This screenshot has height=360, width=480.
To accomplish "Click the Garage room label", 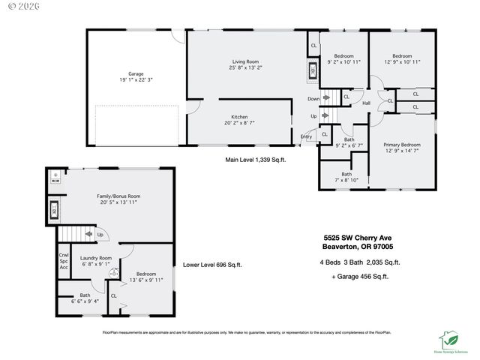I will pyautogui.click(x=136, y=74).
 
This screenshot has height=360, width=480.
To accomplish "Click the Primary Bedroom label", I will pyautogui.click(x=402, y=144).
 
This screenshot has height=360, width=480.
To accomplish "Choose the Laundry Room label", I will pyautogui.click(x=95, y=258).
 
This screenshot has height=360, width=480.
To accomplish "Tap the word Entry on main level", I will pyautogui.click(x=306, y=136).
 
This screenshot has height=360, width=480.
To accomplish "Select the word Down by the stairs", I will pyautogui.click(x=313, y=99).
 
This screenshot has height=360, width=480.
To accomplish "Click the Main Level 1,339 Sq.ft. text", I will pyautogui.click(x=255, y=160).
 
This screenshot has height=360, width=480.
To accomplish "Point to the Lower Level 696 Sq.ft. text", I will pyautogui.click(x=212, y=265).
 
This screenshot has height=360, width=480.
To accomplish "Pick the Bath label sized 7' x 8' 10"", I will pyautogui.click(x=346, y=177).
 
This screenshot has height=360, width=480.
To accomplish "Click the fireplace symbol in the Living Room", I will pyautogui.click(x=313, y=73).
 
